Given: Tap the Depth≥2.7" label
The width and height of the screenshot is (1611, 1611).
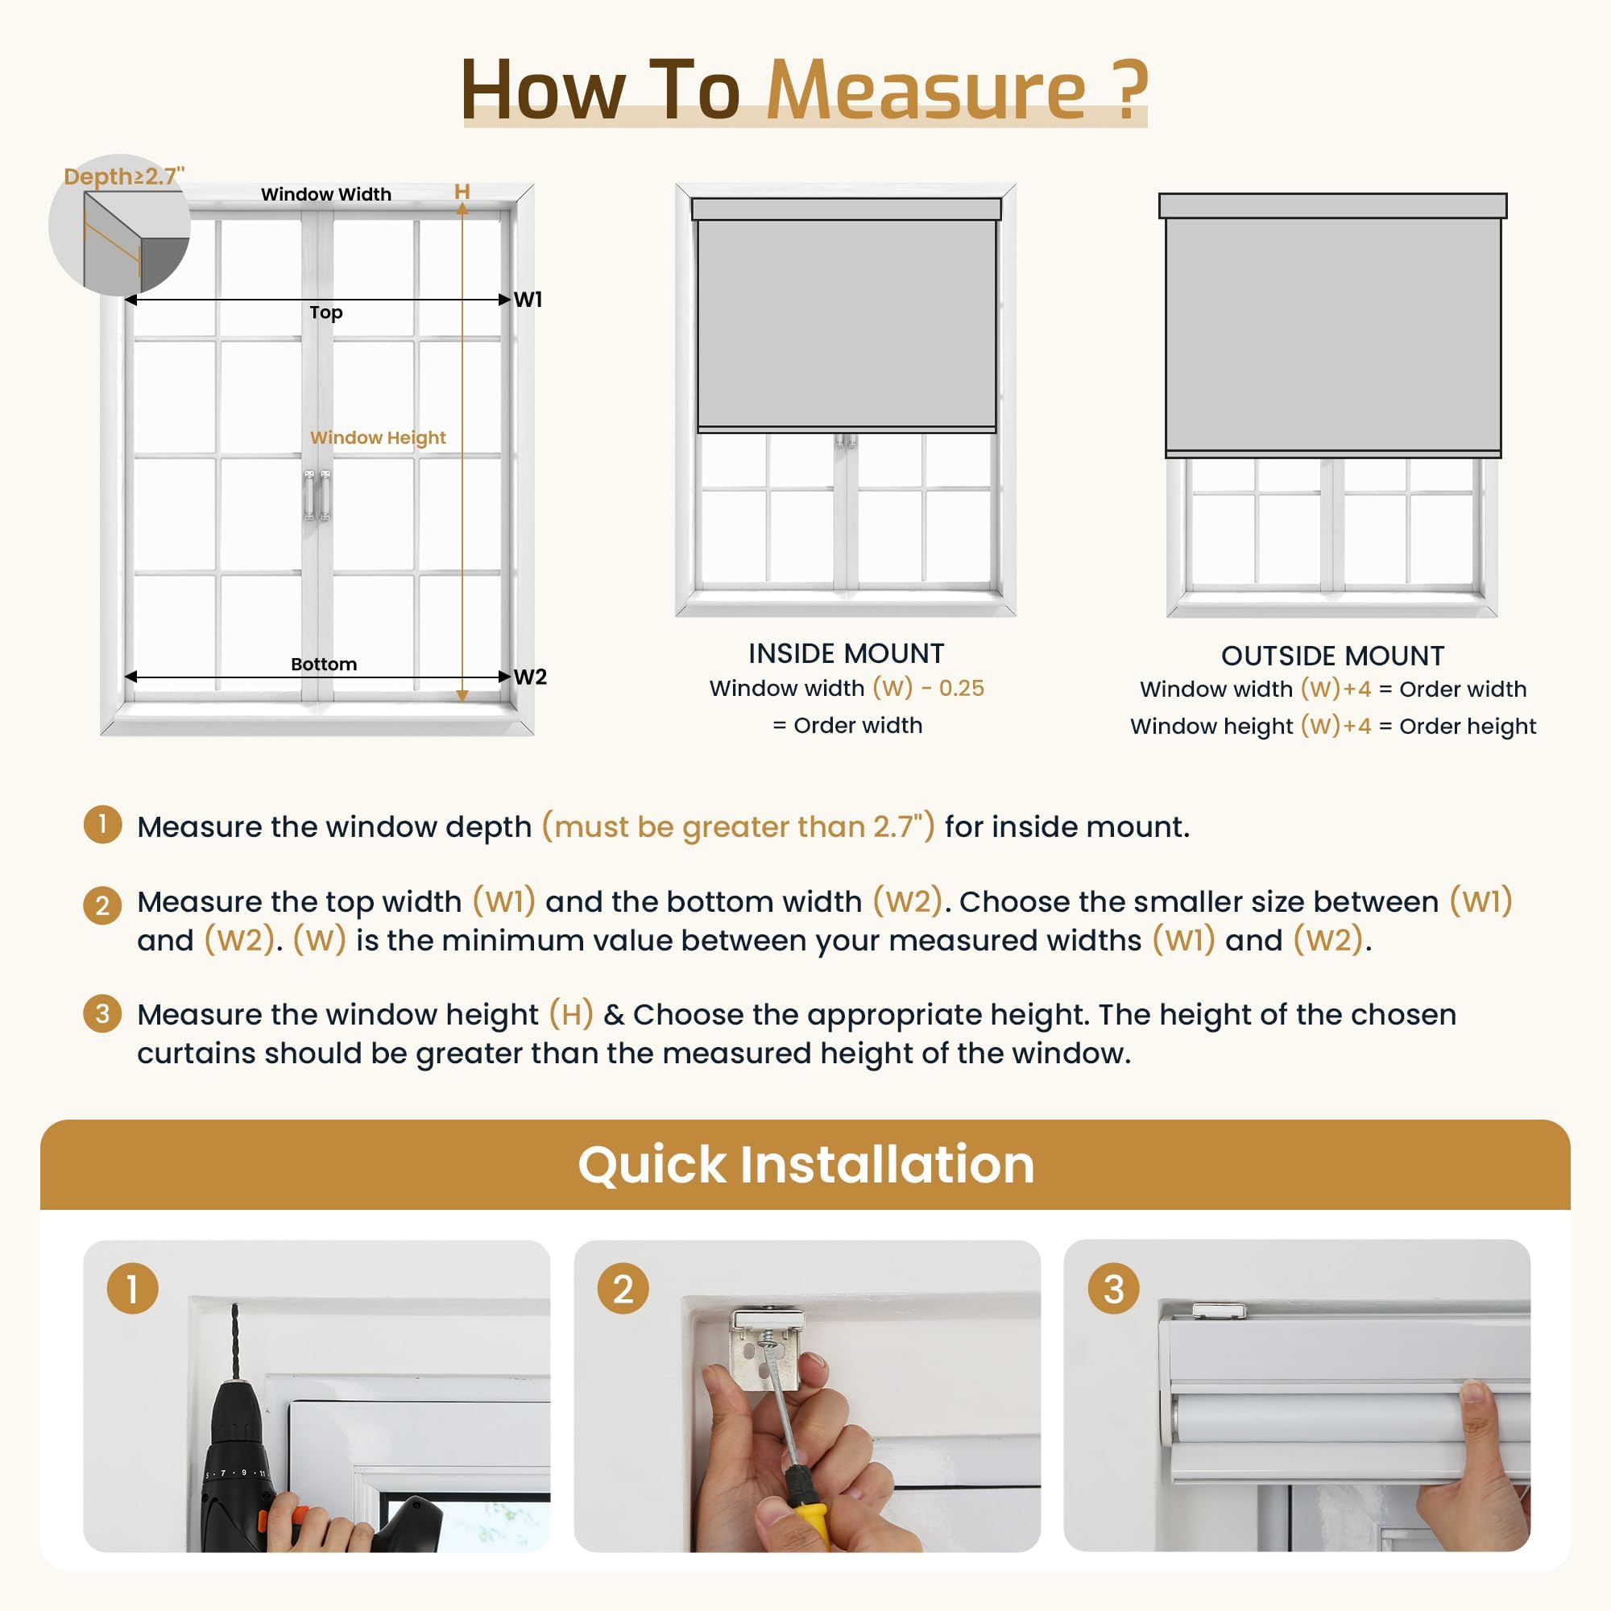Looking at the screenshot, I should (123, 176).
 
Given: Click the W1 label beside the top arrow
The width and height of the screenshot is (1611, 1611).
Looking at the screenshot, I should (528, 300).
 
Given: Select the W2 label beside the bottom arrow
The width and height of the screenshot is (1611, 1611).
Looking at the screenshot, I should (529, 677).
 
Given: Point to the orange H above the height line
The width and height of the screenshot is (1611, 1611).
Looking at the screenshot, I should (462, 192).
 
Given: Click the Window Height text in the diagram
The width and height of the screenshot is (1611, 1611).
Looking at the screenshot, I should (378, 437).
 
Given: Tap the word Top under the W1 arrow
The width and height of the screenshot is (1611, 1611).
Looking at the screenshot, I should (326, 312).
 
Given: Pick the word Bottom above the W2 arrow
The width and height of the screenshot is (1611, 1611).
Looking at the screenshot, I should (324, 664).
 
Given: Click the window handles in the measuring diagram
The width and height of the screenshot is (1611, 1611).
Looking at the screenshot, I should (317, 495).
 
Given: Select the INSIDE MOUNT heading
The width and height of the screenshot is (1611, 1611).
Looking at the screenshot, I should (846, 653).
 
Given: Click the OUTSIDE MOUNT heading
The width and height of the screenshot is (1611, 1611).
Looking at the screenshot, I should (1331, 656).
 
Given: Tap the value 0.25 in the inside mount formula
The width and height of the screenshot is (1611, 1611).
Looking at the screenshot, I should (962, 688).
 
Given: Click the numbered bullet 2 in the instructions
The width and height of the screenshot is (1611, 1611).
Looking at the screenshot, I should (102, 905).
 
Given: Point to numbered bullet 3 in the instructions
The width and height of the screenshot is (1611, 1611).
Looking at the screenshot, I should (102, 1014).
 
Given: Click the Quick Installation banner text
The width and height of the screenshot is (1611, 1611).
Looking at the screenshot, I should (805, 1164).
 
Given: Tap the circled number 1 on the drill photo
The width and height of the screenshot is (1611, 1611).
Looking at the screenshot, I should (133, 1288).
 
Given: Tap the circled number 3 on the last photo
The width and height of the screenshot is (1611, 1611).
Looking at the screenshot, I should (1113, 1288).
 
